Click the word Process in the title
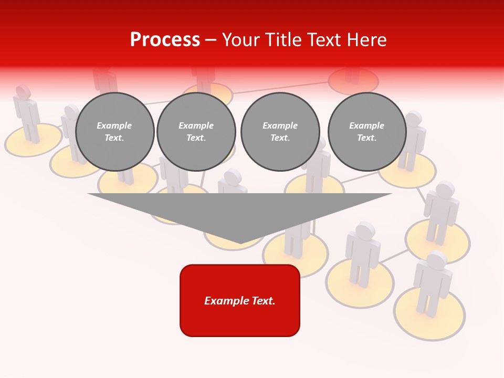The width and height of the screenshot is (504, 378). point(165,40)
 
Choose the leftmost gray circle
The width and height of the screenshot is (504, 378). point(114,132)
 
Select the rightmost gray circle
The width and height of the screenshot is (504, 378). point(366,132)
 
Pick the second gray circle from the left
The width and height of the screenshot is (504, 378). point(196,132)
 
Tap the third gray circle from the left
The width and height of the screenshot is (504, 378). point(280,132)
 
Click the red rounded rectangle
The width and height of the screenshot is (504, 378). point(240,300)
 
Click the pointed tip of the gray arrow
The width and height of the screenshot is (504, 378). point(240,243)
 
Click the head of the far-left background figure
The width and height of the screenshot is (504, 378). point(23,91)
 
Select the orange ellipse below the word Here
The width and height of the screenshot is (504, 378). point(353,80)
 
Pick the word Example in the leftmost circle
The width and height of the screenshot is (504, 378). point(114,125)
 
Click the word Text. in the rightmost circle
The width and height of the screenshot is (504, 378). point(366,138)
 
